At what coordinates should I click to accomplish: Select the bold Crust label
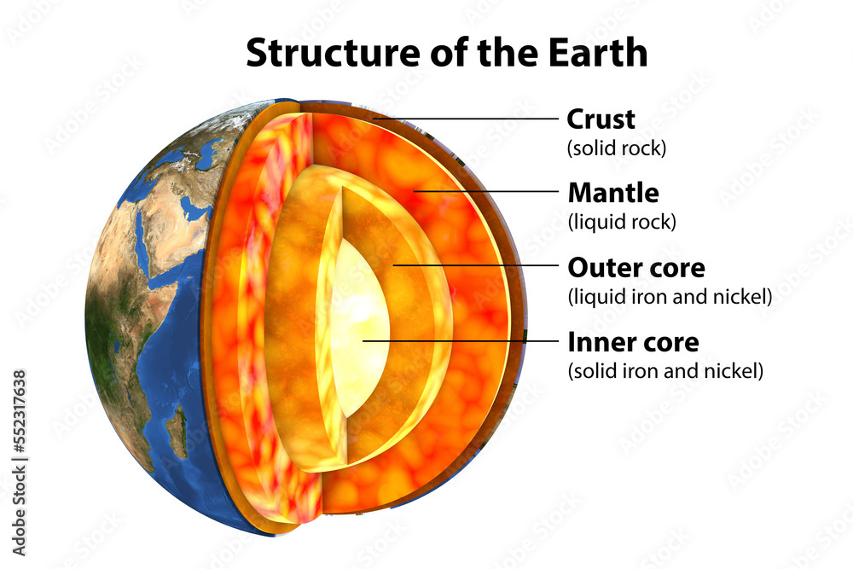tap(601, 119)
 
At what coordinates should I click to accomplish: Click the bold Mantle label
tap(612, 193)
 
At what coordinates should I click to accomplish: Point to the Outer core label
tap(636, 268)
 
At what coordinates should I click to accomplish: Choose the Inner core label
tap(633, 343)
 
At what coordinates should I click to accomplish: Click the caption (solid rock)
tap(616, 148)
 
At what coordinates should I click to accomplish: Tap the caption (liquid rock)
tap(621, 222)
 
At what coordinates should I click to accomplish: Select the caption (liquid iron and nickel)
tap(670, 297)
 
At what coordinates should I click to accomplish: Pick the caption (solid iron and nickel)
tap(665, 372)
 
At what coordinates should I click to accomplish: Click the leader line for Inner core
tap(461, 341)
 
